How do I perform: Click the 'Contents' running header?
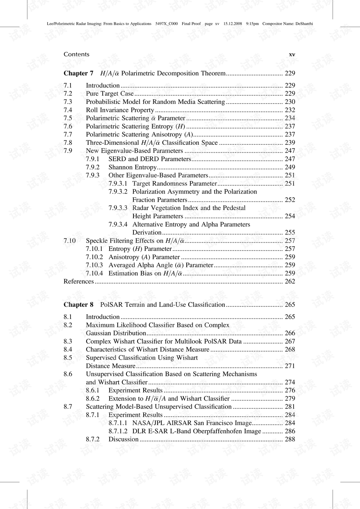point(76,54)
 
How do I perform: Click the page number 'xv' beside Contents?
point(292,54)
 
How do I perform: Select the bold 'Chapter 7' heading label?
point(78,74)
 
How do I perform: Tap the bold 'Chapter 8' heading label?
point(78,305)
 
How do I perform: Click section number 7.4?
point(68,110)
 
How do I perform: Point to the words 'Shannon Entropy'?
point(132,167)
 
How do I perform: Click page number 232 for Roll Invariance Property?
point(290,110)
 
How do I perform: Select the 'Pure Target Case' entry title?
point(109,94)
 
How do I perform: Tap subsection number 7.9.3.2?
point(118,192)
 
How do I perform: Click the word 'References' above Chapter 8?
point(78,281)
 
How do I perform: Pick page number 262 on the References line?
point(290,281)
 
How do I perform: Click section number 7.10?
point(69,241)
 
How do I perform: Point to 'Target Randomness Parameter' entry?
point(174,183)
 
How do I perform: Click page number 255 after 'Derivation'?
point(290,233)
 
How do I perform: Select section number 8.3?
point(68,341)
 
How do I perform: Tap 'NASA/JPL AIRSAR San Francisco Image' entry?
point(192,423)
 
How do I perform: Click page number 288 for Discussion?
point(290,439)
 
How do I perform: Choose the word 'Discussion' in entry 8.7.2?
point(123,439)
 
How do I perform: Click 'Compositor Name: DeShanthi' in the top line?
point(287,24)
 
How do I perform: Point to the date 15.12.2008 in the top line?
point(232,24)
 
